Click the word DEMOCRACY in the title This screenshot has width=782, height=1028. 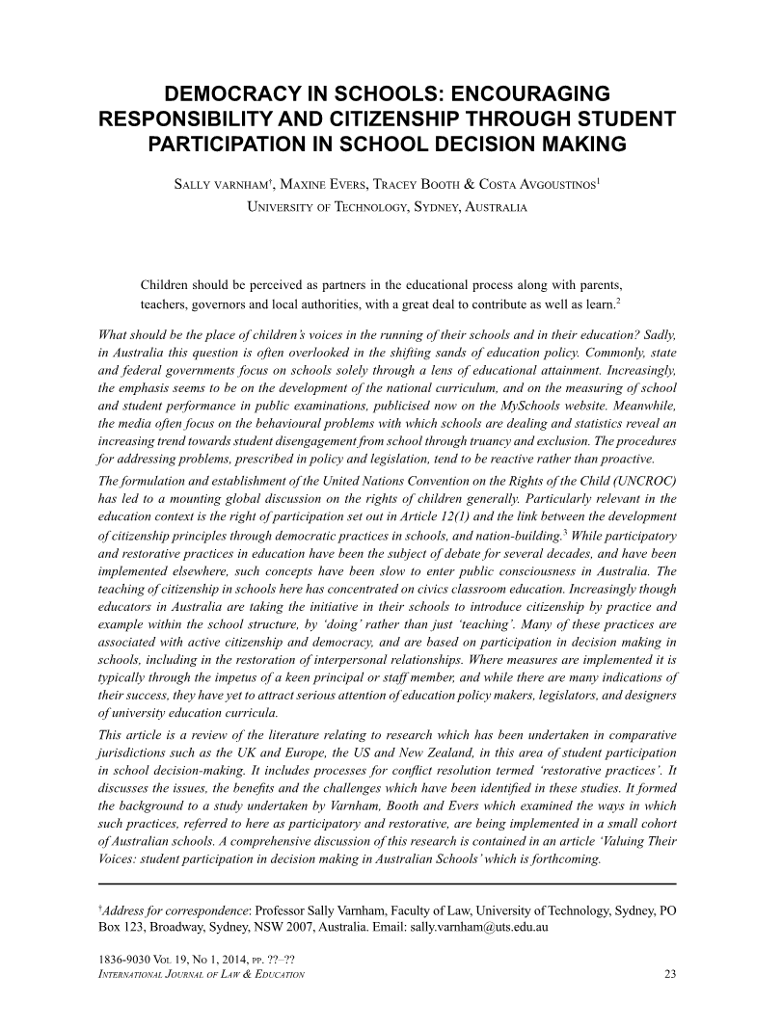coord(225,95)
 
